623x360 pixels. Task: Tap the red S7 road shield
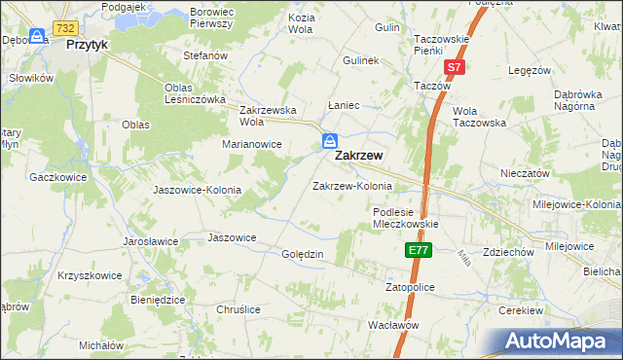click(455, 67)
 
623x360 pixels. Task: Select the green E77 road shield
click(418, 251)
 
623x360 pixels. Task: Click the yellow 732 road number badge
click(66, 28)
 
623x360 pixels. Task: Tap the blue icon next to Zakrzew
click(331, 142)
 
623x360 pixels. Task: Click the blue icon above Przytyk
click(37, 36)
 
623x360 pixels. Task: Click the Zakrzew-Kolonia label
click(351, 186)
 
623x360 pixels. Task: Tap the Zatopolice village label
click(410, 288)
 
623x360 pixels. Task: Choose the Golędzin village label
click(302, 254)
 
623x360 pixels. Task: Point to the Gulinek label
click(360, 60)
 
